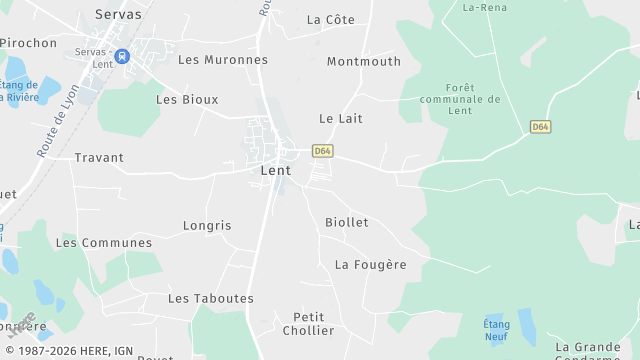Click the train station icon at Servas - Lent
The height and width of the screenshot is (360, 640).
click(x=122, y=57)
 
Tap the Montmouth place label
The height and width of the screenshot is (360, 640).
click(x=363, y=62)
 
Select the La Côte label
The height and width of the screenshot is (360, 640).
click(x=330, y=20)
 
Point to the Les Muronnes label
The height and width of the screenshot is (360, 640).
click(x=223, y=60)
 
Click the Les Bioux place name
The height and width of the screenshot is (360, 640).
click(x=187, y=100)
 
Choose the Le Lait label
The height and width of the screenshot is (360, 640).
click(x=340, y=119)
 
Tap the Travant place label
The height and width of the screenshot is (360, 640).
click(x=99, y=158)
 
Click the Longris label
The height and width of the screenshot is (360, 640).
click(x=207, y=226)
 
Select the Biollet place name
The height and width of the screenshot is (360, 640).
click(x=347, y=222)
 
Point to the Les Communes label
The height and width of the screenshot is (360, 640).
click(x=104, y=243)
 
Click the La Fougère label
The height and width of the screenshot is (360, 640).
click(x=371, y=265)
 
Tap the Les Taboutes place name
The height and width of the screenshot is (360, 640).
click(x=211, y=299)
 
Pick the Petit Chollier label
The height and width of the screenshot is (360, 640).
click(x=308, y=324)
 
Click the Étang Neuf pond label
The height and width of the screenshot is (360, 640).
click(x=497, y=330)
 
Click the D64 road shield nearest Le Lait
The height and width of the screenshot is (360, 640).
click(x=322, y=151)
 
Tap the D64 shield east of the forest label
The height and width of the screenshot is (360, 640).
click(x=541, y=127)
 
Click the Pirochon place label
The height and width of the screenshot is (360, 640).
click(x=28, y=43)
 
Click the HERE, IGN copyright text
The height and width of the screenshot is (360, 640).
click(x=77, y=351)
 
